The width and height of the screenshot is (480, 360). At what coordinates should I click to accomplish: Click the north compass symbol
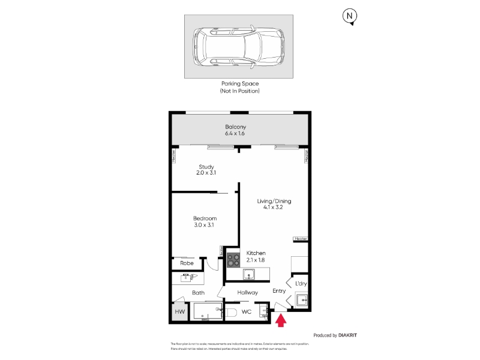(349, 17)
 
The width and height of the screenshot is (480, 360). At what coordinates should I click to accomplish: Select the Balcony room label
(236, 127)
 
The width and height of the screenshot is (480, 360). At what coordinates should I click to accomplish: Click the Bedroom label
(205, 218)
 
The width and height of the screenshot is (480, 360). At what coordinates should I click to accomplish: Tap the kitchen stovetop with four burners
(233, 260)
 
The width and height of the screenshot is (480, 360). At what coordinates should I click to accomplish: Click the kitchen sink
(249, 275)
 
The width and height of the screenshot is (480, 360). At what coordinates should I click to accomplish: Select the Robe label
(187, 263)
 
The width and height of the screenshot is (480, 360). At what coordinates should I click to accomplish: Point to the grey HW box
(179, 312)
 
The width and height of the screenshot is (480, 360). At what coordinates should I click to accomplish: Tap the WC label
(246, 312)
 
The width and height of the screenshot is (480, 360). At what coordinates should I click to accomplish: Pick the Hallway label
(247, 293)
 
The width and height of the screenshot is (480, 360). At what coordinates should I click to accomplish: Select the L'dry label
(301, 283)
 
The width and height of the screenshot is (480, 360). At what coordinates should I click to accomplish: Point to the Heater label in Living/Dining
(301, 239)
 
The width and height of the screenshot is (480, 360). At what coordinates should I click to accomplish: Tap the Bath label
(198, 293)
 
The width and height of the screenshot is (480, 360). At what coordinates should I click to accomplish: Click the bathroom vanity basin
(187, 278)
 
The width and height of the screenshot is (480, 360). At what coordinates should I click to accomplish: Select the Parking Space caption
(239, 84)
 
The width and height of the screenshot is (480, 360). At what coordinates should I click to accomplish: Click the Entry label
(279, 291)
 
